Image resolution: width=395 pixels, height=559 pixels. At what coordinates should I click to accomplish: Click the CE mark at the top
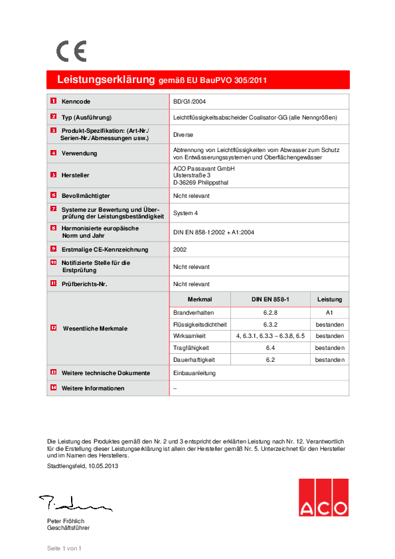tap(71, 51)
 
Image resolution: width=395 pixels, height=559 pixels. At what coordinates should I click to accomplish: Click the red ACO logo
tap(323, 498)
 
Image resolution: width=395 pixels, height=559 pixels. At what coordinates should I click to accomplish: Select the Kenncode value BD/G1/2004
tap(190, 102)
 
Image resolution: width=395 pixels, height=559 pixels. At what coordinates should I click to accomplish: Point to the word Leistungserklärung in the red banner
tap(106, 80)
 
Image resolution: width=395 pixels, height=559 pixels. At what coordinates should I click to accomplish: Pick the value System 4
tap(186, 213)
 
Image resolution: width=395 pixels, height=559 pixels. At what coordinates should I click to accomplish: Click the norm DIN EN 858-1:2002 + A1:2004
tap(214, 232)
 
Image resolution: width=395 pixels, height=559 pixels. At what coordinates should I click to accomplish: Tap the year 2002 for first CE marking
tap(180, 250)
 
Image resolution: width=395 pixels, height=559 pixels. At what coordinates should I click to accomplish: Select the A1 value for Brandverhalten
tap(329, 312)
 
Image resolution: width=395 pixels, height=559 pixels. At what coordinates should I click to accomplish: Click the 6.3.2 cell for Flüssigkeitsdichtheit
tap(270, 324)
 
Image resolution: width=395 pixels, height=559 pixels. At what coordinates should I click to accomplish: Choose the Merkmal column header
tap(200, 299)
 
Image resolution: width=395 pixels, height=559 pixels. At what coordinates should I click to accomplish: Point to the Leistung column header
tap(329, 299)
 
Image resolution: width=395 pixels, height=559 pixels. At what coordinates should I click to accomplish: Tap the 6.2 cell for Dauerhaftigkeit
tap(270, 360)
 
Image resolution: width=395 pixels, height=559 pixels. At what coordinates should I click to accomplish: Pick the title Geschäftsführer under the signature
tap(68, 528)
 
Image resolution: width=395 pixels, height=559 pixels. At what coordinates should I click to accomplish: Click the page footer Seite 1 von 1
tap(64, 548)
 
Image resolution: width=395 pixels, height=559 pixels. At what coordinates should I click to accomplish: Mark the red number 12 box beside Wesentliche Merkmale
tap(53, 328)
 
